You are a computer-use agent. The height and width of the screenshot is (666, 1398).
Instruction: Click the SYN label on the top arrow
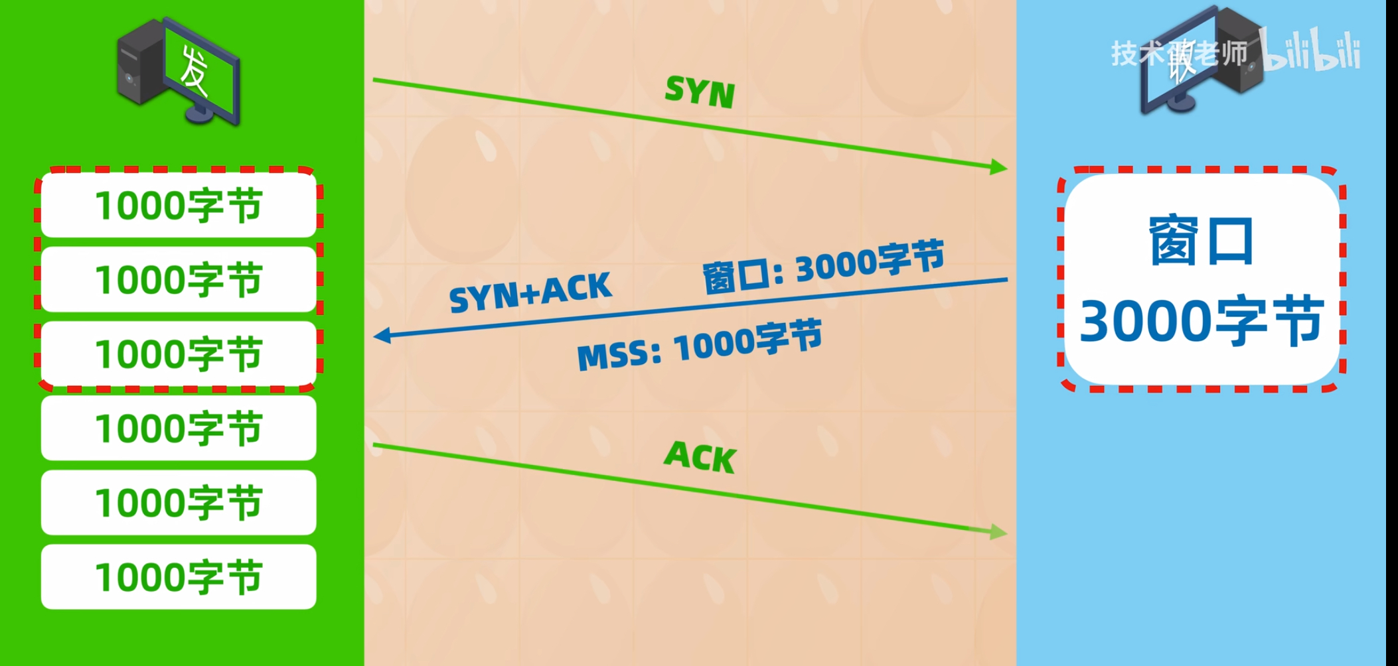(x=700, y=92)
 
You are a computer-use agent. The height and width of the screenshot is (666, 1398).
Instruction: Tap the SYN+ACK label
(x=530, y=292)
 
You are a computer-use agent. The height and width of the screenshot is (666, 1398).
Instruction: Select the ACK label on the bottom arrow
(x=700, y=457)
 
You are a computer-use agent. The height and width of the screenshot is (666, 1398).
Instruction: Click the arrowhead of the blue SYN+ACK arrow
(x=382, y=336)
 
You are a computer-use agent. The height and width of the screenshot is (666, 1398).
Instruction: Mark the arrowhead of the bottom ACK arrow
(x=998, y=532)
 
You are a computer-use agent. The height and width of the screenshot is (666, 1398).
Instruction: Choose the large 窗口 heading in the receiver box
(x=1201, y=241)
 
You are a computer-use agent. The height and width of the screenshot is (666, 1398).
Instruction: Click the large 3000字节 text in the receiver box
(x=1201, y=322)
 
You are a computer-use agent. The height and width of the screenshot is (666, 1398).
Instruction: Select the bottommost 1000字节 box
(x=179, y=576)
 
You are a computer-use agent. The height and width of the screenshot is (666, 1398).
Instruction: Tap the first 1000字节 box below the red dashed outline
(x=179, y=429)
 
